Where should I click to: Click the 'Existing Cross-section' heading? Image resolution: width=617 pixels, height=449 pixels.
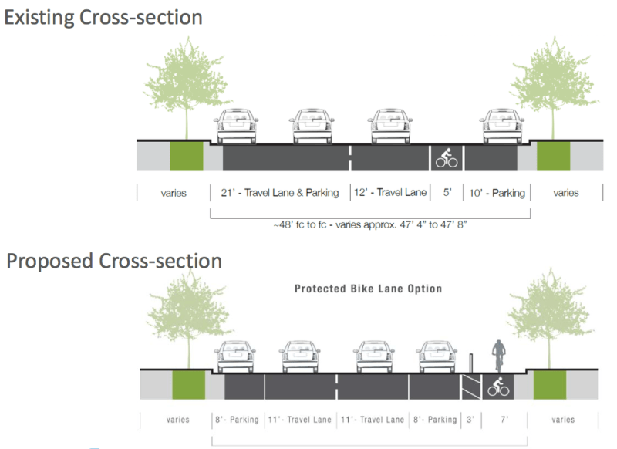tap(104, 17)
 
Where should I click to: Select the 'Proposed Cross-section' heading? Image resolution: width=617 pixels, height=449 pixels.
tap(114, 261)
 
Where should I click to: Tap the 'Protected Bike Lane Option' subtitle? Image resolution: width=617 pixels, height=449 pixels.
tap(369, 289)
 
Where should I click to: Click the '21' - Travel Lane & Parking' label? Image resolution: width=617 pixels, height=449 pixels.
tap(279, 193)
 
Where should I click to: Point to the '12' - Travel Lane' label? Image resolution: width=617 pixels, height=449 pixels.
tap(390, 193)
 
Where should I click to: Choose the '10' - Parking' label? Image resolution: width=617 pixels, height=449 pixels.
tap(497, 193)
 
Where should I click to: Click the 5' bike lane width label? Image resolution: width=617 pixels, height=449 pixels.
tap(447, 193)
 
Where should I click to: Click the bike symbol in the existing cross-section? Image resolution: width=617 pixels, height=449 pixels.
tap(447, 159)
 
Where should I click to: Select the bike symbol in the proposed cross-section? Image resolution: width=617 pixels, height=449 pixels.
tap(499, 387)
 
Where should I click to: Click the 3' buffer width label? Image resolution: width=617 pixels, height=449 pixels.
tap(470, 420)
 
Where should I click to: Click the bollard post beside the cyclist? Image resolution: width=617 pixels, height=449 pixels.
tap(470, 363)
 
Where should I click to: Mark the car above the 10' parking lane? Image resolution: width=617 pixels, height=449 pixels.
tap(502, 127)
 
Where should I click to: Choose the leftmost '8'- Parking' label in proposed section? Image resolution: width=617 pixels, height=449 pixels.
tap(237, 420)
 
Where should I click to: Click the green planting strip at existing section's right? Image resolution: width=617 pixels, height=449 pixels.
tap(553, 157)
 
